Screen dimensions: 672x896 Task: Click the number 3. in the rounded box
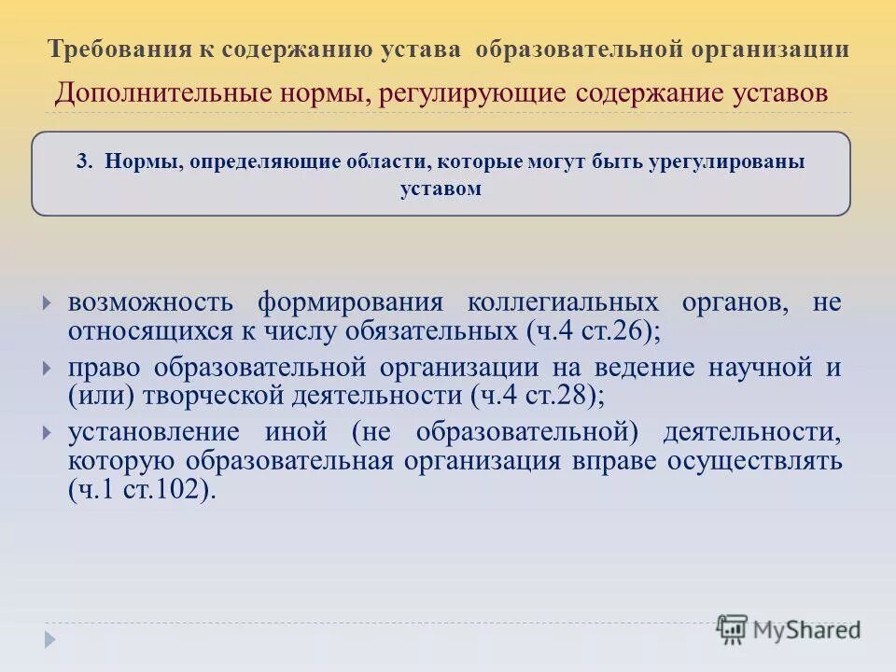pos(86,161)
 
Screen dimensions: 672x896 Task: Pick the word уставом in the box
pos(441,188)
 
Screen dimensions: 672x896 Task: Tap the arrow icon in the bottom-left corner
pos(49,639)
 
